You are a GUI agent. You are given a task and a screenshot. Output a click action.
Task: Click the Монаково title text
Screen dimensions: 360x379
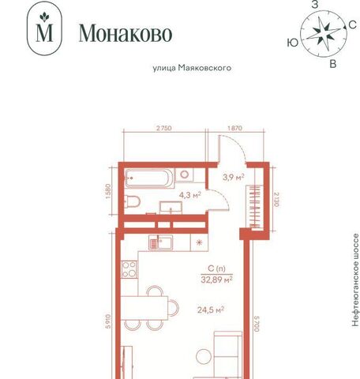coord(126,33)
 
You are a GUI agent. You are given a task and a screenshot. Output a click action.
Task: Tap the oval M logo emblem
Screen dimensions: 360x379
coord(44,28)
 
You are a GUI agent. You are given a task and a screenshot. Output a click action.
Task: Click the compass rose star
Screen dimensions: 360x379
coord(323,34)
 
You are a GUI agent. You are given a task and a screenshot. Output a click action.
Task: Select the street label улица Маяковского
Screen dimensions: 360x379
coord(192,68)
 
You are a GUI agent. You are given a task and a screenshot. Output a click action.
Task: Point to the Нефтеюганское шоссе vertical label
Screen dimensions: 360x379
coord(355,280)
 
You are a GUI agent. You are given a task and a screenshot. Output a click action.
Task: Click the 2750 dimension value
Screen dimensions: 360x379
coord(164,128)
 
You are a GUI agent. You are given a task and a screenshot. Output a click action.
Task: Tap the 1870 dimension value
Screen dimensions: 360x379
coord(234,128)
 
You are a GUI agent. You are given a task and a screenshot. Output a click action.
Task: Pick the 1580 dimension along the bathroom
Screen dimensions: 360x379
coord(109,191)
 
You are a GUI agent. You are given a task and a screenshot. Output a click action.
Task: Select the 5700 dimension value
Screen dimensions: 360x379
coord(257,324)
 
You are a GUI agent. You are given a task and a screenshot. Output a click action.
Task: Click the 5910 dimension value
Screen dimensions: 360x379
coord(108,321)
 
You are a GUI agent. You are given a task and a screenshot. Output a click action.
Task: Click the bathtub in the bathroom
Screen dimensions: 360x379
coord(149,178)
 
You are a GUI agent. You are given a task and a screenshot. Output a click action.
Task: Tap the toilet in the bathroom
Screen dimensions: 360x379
coord(132,201)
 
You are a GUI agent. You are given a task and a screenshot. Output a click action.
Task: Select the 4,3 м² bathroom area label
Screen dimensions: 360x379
coord(190,195)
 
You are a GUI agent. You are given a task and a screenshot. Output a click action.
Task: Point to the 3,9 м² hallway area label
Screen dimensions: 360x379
coord(234,177)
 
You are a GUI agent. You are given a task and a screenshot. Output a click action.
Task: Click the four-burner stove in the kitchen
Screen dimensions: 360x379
coord(129,269)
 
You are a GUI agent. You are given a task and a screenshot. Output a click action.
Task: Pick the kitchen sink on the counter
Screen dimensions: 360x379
coord(160,242)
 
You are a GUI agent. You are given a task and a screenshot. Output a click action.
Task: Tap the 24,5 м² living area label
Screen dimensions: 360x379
coord(211,310)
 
